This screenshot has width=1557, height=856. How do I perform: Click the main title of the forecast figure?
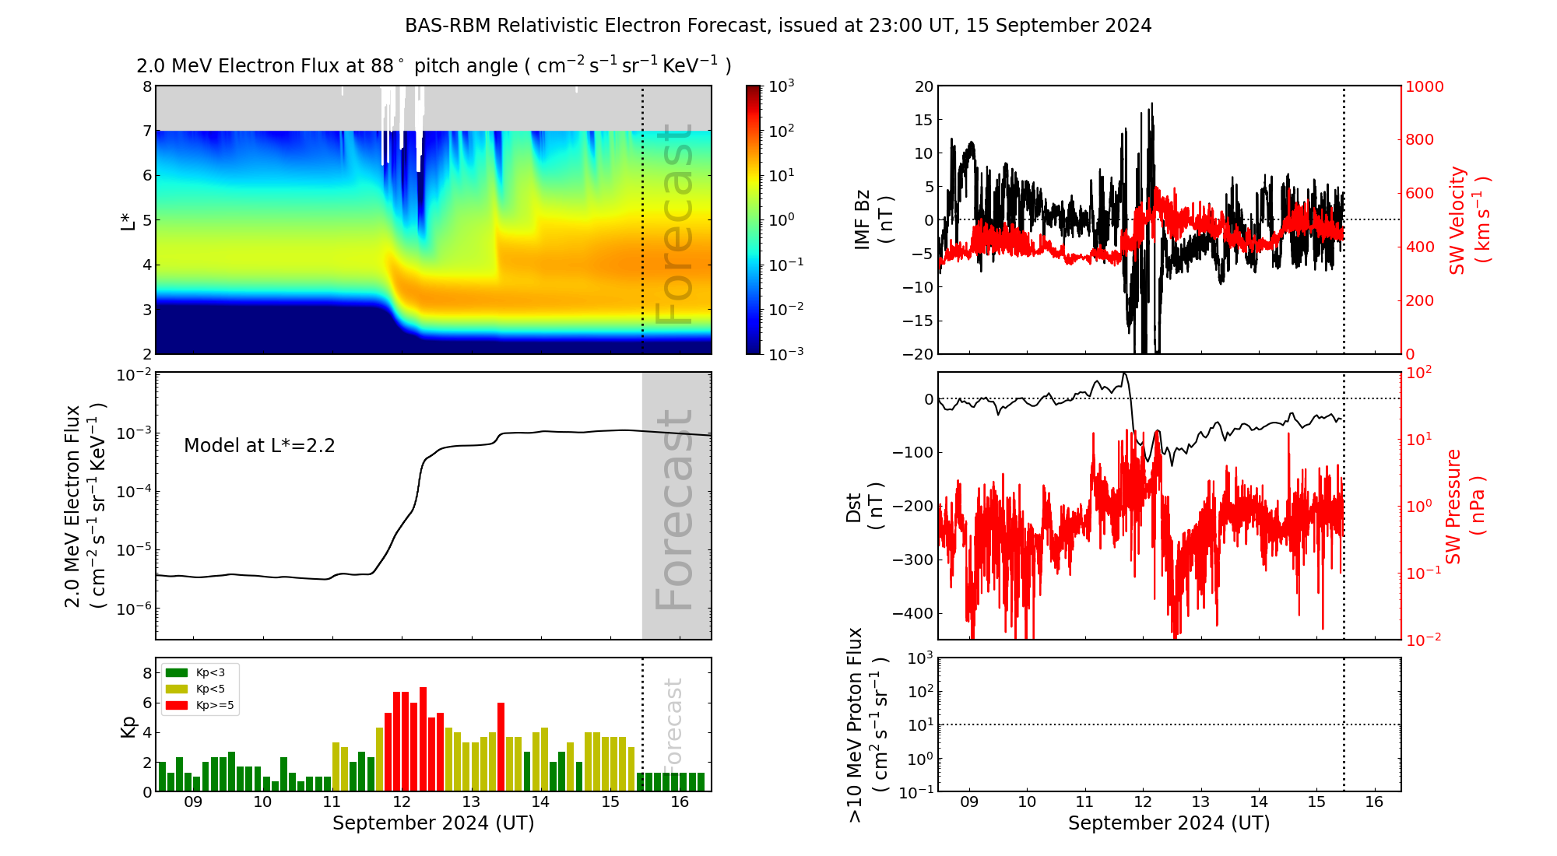click(778, 26)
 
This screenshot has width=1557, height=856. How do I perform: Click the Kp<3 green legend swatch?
click(177, 672)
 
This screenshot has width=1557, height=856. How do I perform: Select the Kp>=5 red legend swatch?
click(177, 706)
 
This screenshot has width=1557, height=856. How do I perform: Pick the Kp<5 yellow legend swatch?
click(177, 689)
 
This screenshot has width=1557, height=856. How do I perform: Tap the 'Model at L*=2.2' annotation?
click(259, 446)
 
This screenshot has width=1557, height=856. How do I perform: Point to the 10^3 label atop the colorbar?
click(782, 86)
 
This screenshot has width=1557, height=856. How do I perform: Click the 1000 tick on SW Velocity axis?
click(1424, 86)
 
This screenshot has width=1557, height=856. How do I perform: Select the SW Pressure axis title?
click(1465, 506)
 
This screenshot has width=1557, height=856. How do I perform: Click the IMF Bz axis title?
click(872, 219)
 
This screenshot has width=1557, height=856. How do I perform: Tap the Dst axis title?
click(863, 506)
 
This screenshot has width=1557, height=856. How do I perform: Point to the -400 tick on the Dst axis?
click(912, 613)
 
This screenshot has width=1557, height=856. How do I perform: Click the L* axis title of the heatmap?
click(128, 220)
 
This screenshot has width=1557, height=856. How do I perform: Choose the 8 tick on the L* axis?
click(146, 86)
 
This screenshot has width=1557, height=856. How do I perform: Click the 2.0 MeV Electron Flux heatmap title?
click(434, 66)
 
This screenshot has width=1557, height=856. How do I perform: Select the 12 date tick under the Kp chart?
click(402, 802)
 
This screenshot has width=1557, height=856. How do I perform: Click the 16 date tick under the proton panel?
click(1374, 802)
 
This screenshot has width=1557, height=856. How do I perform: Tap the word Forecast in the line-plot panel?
click(674, 510)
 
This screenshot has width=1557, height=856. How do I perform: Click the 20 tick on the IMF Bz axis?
click(923, 86)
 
